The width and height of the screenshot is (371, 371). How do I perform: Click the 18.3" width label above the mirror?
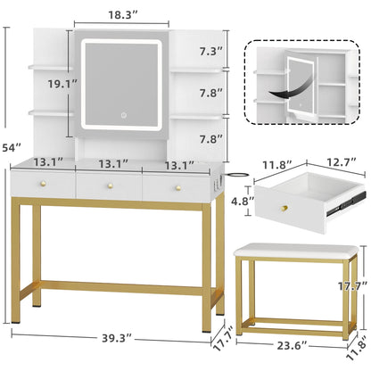pos(125,16)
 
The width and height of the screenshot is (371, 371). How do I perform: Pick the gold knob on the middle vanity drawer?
pos(111,185)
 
